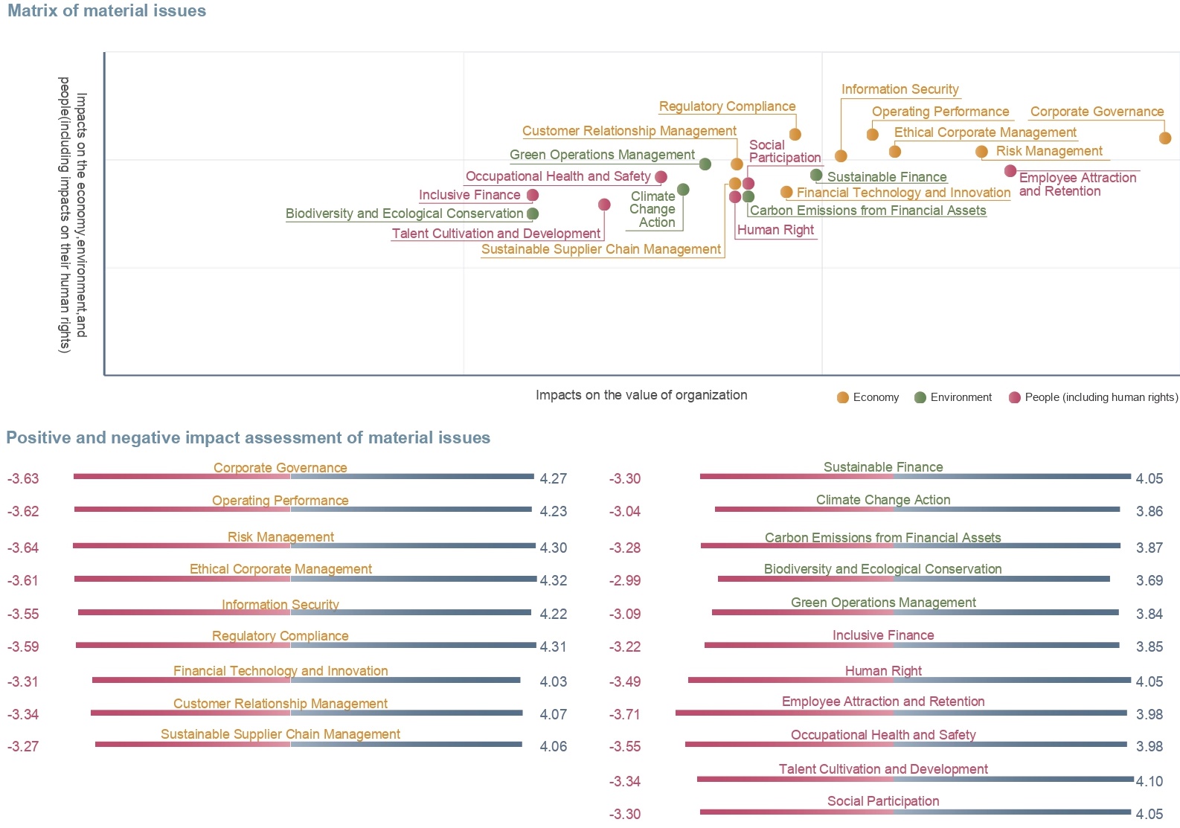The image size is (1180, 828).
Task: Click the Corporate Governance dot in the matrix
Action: point(1165,138)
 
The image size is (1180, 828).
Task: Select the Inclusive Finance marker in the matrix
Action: point(533,196)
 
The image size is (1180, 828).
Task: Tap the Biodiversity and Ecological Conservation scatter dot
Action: point(533,214)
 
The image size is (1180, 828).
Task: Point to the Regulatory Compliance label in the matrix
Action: point(727,106)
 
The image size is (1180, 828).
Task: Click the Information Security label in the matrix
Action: point(900,89)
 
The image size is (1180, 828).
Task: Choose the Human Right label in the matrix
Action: point(775,230)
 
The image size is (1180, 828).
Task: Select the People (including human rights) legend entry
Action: point(1093,397)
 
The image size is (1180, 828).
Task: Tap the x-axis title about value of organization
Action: point(641,395)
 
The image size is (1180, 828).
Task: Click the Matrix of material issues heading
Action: point(106,10)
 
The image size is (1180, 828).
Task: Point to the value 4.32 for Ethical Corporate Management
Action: point(553,581)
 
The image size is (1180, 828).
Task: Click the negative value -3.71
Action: point(624,715)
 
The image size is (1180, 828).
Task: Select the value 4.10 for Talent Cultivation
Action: point(1149,781)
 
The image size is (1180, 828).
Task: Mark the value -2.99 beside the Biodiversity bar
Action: point(624,581)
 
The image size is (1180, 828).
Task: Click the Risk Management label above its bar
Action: point(280,537)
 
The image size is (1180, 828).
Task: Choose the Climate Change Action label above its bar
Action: point(882,500)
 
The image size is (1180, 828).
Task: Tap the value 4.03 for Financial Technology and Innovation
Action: point(553,681)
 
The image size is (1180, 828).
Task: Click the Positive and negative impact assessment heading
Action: point(248,437)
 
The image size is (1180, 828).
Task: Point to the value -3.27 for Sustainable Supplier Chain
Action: point(23,747)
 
